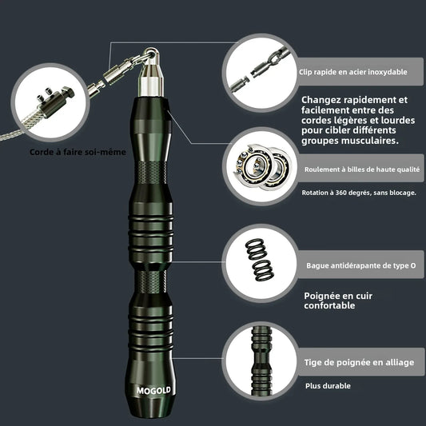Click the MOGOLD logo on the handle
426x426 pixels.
(x=153, y=391)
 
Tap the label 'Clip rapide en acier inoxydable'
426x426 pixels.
(x=353, y=72)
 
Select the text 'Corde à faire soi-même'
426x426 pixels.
(x=78, y=152)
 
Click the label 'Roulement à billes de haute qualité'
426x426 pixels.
(x=362, y=169)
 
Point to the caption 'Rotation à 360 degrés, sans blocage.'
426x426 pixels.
(x=359, y=193)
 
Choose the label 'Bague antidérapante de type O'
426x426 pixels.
(x=361, y=265)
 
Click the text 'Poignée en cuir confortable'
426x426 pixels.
(x=338, y=301)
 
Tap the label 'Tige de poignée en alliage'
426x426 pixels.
(x=359, y=362)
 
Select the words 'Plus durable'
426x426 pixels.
(x=328, y=386)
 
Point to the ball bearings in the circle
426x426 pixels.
(x=262, y=166)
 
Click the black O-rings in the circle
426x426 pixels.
(x=260, y=259)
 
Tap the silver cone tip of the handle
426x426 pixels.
(x=151, y=80)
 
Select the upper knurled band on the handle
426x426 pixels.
(x=151, y=173)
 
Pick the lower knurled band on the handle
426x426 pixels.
(x=151, y=282)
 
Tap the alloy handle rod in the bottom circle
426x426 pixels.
(x=261, y=360)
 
